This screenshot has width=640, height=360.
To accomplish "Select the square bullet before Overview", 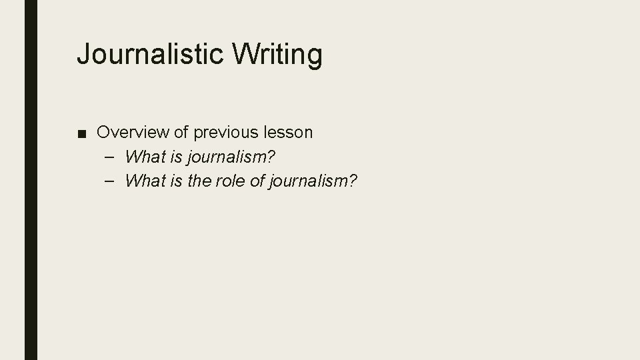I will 81,133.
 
